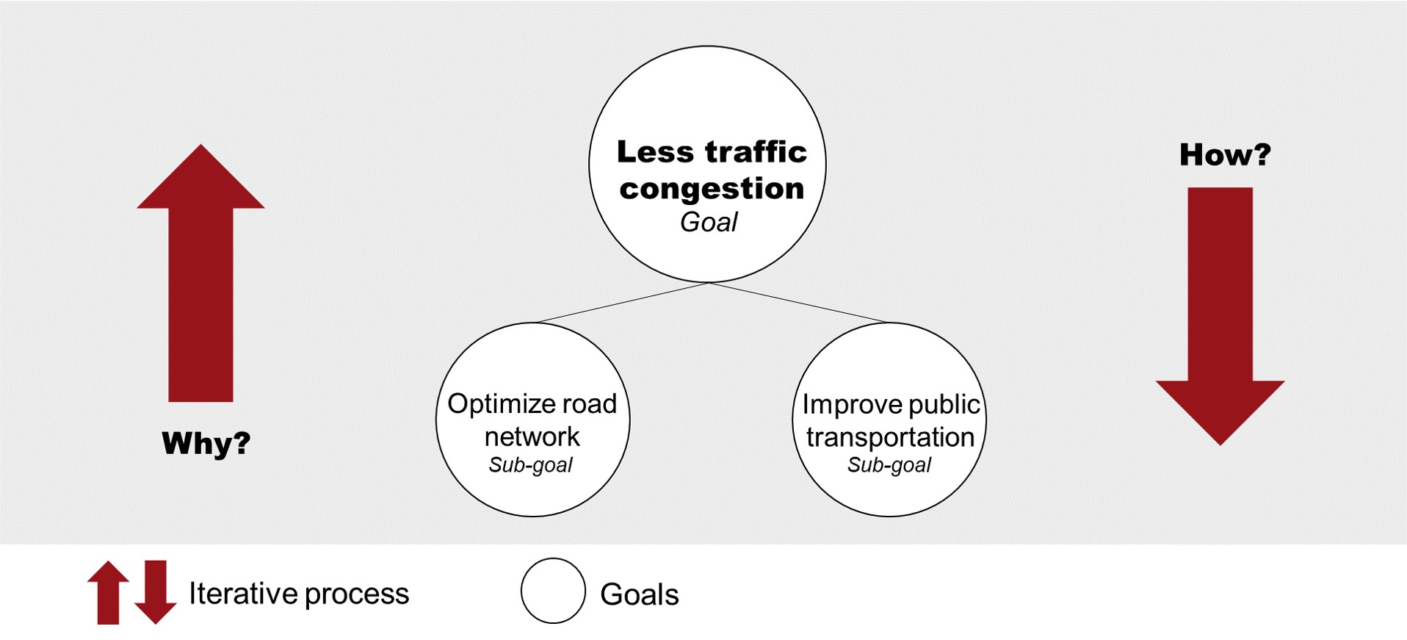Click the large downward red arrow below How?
click(1220, 309)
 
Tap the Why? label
click(206, 443)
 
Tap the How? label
click(1224, 154)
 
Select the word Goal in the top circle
click(709, 222)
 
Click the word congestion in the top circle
click(712, 189)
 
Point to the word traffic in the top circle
click(756, 151)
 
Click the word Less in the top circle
click(655, 151)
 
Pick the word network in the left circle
click(532, 437)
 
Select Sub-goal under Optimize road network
click(531, 465)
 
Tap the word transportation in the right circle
click(890, 438)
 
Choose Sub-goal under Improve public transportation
click(889, 465)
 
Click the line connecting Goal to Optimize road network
click(623, 303)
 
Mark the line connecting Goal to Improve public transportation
click(799, 303)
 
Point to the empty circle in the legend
click(553, 591)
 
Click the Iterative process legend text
click(299, 594)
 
